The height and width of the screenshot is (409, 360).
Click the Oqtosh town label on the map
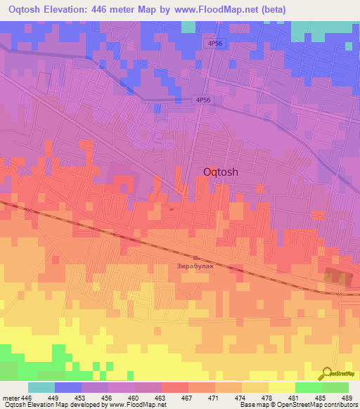pos(224,171)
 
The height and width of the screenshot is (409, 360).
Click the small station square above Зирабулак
pos(195,258)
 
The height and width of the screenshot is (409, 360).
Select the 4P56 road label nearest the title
pos(215,44)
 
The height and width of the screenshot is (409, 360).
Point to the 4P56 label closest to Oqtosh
pos(204,101)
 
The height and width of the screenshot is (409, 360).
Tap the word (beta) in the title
pos(272,9)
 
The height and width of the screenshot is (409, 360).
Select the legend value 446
pos(27,398)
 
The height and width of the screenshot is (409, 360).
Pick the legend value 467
pos(174,398)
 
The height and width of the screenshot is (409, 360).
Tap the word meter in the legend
pos(11,398)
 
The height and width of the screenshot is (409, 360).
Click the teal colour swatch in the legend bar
pos(41,387)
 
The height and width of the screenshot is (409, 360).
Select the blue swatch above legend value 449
pos(68,387)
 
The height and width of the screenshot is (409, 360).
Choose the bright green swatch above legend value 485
pos(309,387)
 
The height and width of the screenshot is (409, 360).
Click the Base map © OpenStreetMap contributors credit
pos(298,405)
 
